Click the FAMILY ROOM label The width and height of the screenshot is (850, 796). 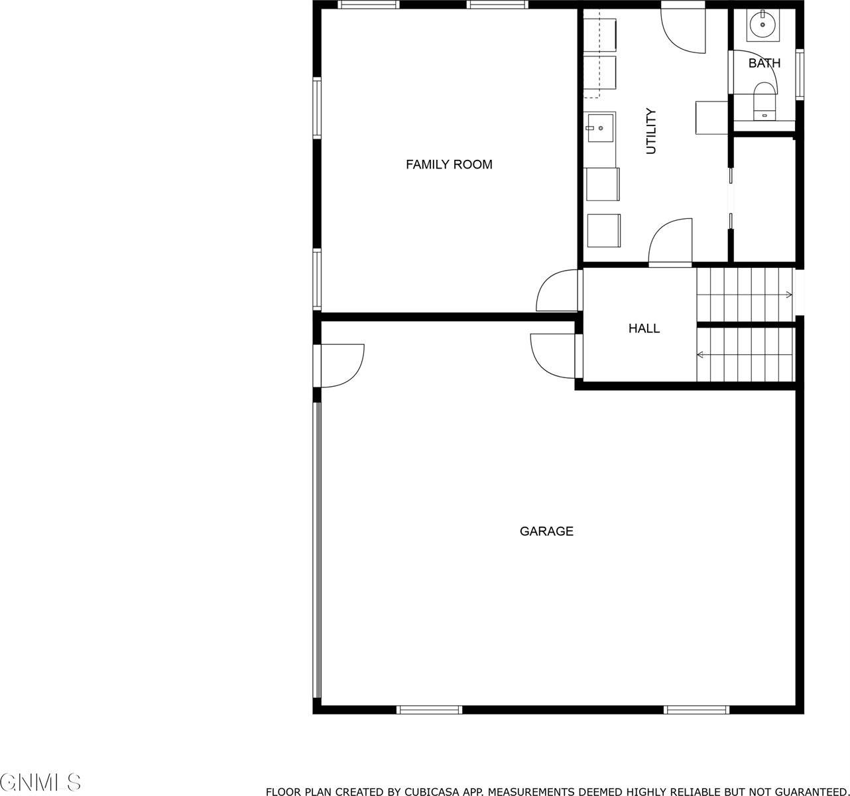point(449,165)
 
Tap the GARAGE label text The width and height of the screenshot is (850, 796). point(546,531)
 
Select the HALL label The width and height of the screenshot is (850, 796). point(644,328)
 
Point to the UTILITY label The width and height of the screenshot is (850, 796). point(651,131)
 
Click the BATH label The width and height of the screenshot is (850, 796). point(764,64)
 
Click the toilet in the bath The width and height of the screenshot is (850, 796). point(764,99)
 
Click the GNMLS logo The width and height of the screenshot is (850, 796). point(41,781)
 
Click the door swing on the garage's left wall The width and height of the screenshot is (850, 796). point(342,365)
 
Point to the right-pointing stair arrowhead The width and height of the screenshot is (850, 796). point(789,295)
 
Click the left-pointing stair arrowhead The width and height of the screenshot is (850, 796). point(700,355)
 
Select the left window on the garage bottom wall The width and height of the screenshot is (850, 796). point(429,710)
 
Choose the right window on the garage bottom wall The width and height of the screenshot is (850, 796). point(696,710)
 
